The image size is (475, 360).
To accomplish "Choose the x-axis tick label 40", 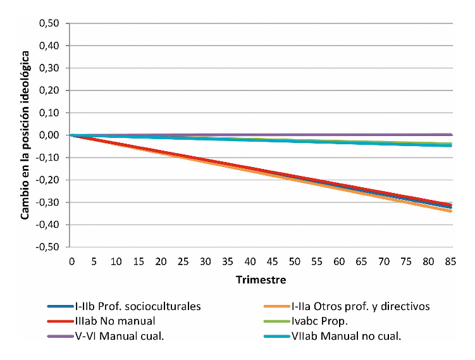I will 250,261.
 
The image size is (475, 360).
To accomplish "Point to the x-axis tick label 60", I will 340,261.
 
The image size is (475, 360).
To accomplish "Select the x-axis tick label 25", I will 183,261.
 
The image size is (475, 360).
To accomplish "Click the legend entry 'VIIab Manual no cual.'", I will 342,335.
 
